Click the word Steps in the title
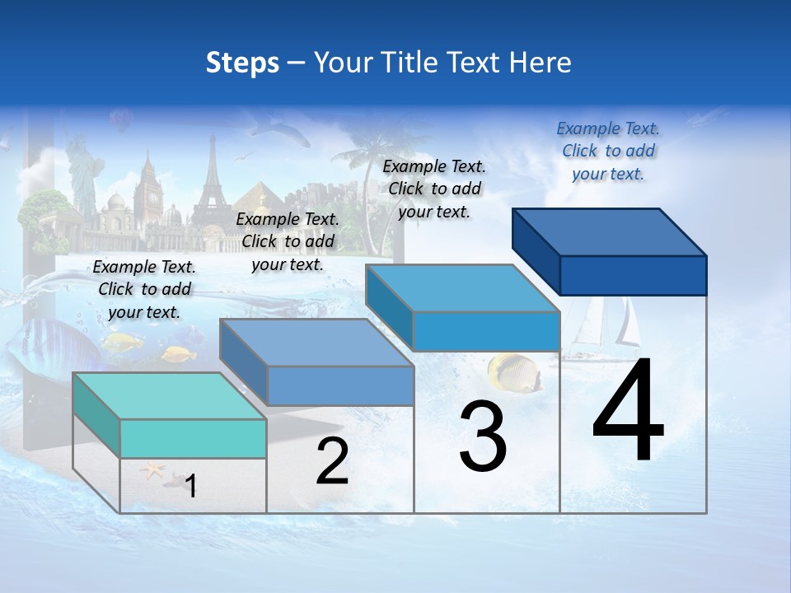[242, 63]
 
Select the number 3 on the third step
[483, 437]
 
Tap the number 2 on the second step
[332, 461]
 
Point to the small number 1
[190, 486]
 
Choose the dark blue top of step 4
[609, 232]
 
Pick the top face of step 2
[316, 343]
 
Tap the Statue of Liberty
[82, 173]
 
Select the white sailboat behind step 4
[606, 325]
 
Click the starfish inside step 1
[152, 472]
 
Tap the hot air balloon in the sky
[121, 122]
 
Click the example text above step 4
[608, 151]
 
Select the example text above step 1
[144, 289]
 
